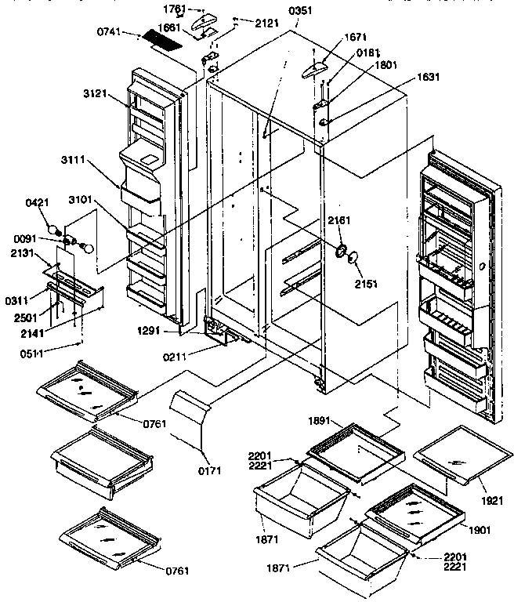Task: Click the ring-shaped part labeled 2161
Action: [x=342, y=251]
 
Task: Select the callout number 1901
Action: [x=480, y=530]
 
